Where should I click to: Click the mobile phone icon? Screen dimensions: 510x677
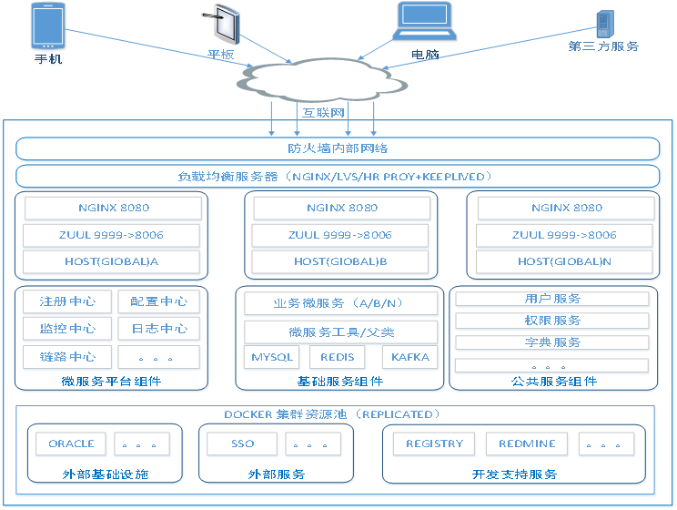click(x=47, y=25)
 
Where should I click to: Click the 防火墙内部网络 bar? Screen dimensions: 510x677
click(x=338, y=148)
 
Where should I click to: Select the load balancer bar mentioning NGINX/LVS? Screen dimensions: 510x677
click(x=338, y=176)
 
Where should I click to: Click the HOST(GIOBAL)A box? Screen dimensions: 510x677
click(x=112, y=261)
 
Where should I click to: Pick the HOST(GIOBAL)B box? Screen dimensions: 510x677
click(x=340, y=261)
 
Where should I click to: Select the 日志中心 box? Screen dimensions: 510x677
click(x=158, y=329)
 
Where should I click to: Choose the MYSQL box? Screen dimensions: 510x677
click(x=272, y=357)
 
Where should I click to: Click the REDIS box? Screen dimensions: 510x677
click(x=337, y=357)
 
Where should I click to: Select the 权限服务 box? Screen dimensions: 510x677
click(x=552, y=321)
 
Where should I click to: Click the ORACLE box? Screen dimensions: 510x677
click(x=71, y=444)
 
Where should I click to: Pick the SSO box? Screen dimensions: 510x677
click(x=242, y=444)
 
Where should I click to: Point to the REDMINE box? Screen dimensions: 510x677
click(x=526, y=444)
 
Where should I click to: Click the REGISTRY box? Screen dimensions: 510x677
click(x=434, y=444)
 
